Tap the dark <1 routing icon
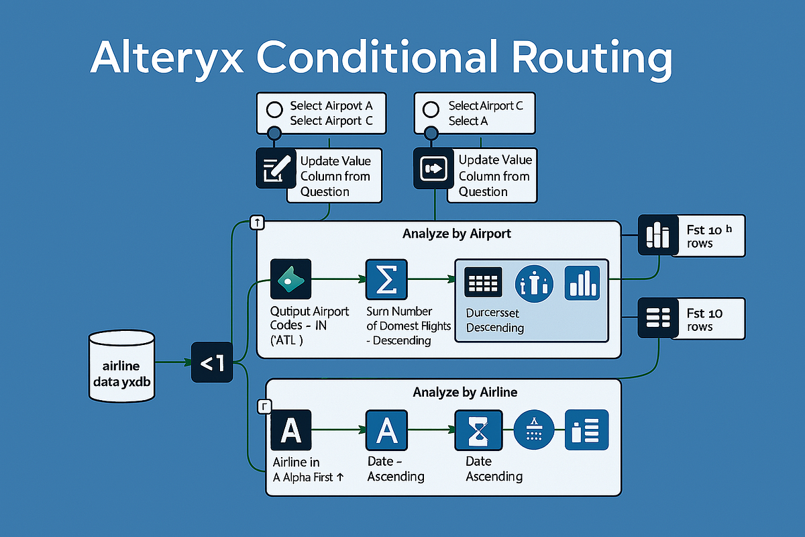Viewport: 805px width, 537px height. coord(211,363)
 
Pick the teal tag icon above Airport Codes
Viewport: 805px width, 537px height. coord(290,279)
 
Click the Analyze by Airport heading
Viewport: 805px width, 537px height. coord(456,234)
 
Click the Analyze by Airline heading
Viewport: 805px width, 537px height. coord(465,392)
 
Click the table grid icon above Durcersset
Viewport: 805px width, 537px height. coord(484,283)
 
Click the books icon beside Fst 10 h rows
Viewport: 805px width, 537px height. coord(657,236)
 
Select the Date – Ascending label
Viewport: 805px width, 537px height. coord(396,469)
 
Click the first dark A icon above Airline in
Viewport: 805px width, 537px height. coord(290,430)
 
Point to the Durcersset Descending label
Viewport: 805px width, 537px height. coord(494,320)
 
